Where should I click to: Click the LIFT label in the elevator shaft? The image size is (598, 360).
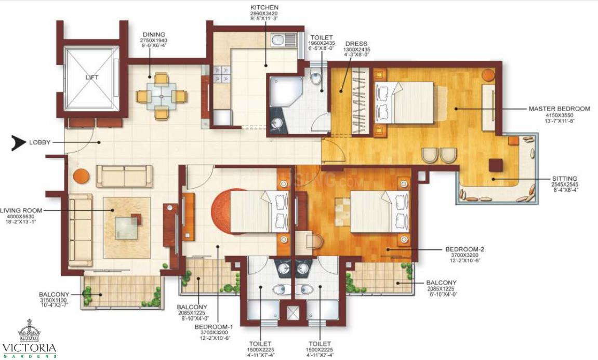(x=91, y=77)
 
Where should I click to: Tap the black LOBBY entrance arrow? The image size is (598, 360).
(x=19, y=142)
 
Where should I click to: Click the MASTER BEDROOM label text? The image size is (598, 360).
(x=559, y=109)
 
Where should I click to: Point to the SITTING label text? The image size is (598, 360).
(x=565, y=178)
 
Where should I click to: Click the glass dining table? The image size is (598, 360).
(x=161, y=96)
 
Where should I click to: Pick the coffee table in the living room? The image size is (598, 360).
(x=127, y=226)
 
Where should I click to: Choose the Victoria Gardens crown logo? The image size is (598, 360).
(x=29, y=331)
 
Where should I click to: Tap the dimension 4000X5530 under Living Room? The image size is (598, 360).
(x=21, y=216)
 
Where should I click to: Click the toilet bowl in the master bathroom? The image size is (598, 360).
(x=315, y=78)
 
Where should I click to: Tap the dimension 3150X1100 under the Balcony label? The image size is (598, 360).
(x=54, y=300)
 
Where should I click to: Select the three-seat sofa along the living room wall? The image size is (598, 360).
(x=80, y=230)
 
